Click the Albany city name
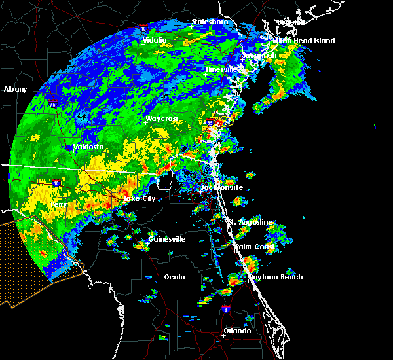click(x=15, y=89)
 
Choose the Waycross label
click(x=163, y=119)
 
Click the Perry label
click(x=58, y=205)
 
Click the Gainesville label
click(x=167, y=239)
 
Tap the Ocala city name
click(x=174, y=277)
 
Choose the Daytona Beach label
click(x=275, y=277)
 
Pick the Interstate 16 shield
click(x=143, y=28)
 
